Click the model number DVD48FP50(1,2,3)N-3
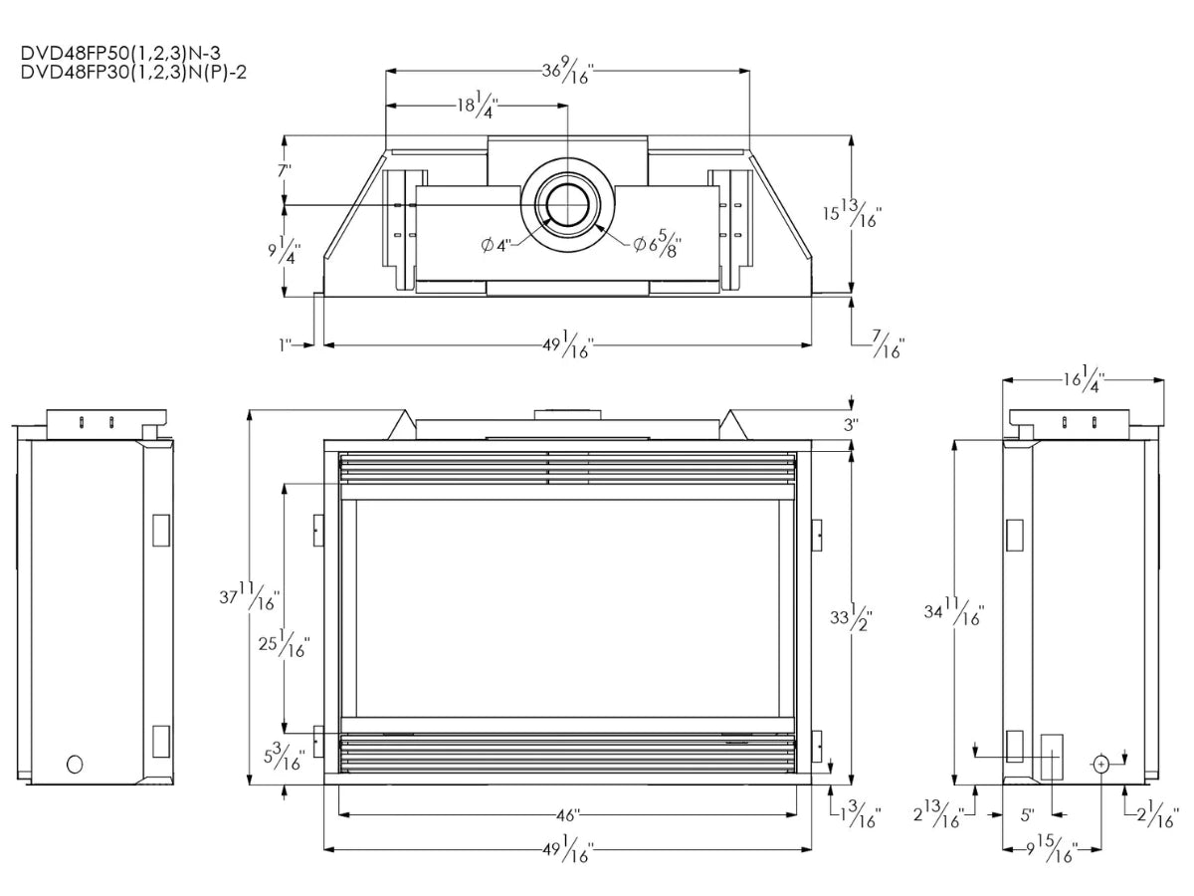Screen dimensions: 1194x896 click(x=120, y=54)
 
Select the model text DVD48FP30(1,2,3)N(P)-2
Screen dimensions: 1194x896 click(x=133, y=73)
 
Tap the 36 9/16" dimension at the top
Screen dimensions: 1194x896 click(x=568, y=71)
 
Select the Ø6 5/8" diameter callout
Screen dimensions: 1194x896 click(x=658, y=244)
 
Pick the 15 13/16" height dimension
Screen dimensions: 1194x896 click(x=852, y=213)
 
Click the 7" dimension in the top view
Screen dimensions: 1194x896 click(x=285, y=171)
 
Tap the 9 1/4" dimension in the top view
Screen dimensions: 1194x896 click(x=284, y=250)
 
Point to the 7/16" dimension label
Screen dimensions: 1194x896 click(x=889, y=344)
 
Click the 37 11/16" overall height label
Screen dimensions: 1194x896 click(x=249, y=596)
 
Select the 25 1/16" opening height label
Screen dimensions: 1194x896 click(x=284, y=643)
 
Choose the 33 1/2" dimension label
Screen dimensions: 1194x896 click(x=852, y=617)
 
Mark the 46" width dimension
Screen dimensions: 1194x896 click(x=568, y=815)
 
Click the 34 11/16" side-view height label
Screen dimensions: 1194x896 click(x=954, y=611)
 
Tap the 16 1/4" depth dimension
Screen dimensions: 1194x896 click(x=1084, y=379)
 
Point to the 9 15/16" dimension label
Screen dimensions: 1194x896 click(x=1052, y=848)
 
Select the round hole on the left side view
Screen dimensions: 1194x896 click(x=75, y=765)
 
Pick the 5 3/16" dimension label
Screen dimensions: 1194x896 click(x=284, y=757)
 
